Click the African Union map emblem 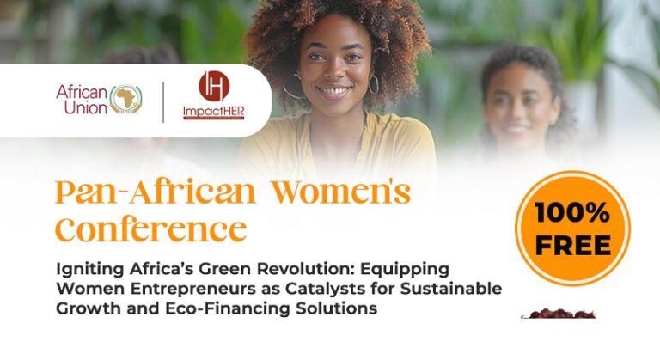coord(125,100)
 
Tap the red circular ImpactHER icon coord(214,86)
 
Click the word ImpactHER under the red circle coord(213,113)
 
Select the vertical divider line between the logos coord(163,102)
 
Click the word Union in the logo coord(86,108)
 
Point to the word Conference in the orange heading coord(150,229)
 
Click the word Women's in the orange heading coord(341,192)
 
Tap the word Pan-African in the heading coord(155,192)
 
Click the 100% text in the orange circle coord(572,212)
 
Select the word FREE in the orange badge coord(573,245)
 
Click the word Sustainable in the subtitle coord(451,289)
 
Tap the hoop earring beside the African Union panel coord(292,86)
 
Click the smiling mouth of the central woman coord(333,90)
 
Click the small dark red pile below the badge coord(559,314)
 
